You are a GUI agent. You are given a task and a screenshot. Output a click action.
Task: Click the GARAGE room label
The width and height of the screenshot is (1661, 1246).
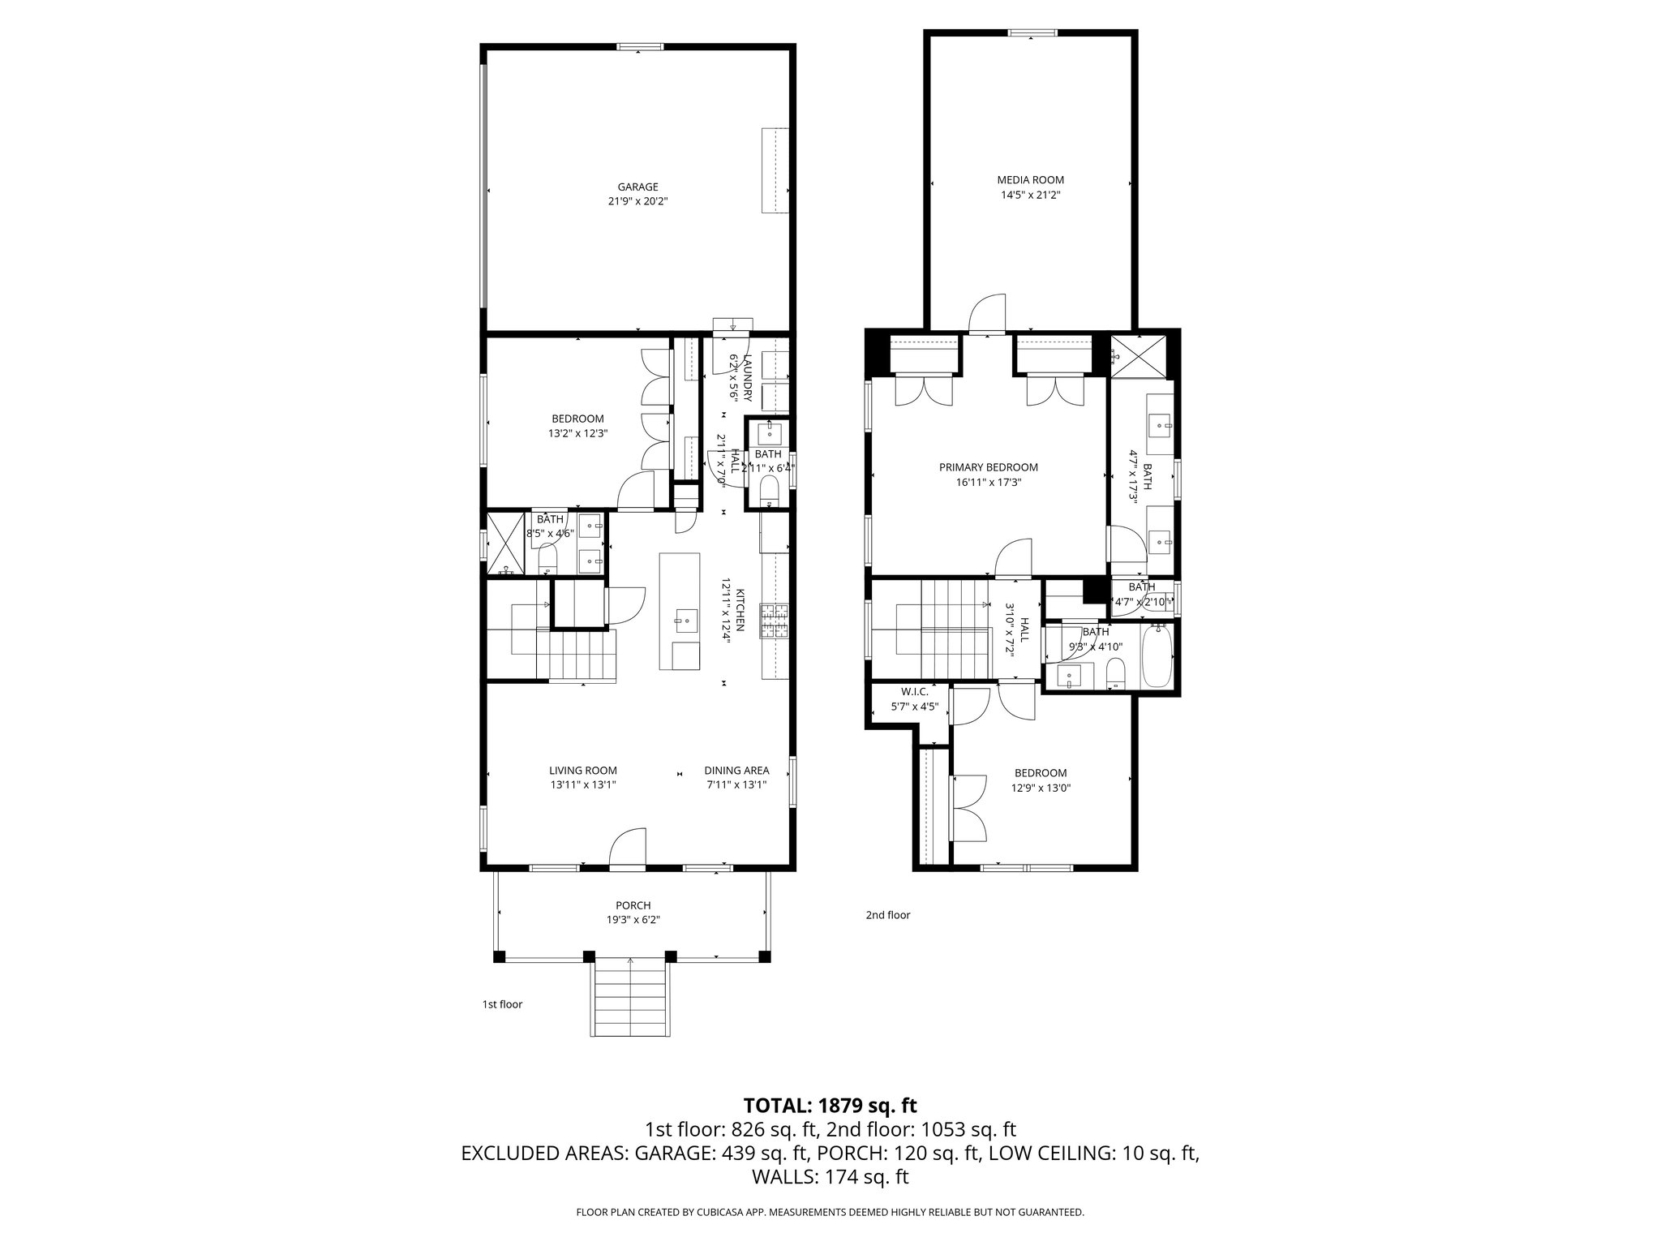637,187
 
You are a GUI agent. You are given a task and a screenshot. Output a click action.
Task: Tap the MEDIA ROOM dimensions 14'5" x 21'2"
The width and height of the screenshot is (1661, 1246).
1030,195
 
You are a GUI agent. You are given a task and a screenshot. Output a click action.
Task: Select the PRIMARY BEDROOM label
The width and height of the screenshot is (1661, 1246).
988,467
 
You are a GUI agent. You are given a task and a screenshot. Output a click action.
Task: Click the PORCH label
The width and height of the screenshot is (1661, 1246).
633,905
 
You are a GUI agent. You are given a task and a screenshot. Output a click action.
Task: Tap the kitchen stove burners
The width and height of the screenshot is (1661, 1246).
773,621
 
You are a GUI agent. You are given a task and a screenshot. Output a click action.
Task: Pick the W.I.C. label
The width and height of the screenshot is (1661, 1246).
914,692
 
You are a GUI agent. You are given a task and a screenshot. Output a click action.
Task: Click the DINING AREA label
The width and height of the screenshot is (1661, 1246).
736,771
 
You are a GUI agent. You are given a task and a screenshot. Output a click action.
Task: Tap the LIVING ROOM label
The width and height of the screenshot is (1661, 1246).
582,771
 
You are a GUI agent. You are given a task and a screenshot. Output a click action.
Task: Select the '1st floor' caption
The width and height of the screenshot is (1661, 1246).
502,1004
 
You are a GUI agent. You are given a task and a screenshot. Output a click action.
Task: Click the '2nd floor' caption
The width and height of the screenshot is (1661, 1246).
887,915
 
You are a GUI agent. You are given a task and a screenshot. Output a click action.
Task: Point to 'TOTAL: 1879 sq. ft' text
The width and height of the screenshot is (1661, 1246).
830,1105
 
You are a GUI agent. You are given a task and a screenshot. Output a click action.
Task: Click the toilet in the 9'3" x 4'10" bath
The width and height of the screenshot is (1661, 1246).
1116,673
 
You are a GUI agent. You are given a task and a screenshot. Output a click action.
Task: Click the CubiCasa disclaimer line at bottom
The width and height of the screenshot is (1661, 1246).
830,1213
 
